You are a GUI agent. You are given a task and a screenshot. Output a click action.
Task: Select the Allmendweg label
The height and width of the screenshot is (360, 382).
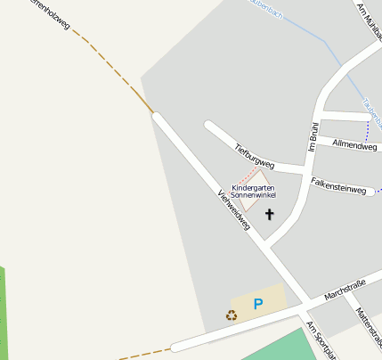[354, 144]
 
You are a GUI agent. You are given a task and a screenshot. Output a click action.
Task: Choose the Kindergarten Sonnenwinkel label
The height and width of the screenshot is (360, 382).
[254, 192]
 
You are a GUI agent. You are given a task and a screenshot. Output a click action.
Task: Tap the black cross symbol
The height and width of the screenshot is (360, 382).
[270, 215]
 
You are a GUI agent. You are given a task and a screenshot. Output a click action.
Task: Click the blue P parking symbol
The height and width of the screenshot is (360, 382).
[258, 305]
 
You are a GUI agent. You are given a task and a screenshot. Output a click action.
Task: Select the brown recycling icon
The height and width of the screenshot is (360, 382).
[232, 315]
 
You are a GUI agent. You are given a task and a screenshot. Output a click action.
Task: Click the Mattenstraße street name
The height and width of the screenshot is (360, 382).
[368, 325]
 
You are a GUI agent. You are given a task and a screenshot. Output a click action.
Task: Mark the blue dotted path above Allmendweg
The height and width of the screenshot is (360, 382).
[367, 128]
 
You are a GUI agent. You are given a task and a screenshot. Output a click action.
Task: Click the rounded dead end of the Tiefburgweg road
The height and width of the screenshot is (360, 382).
[208, 126]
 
